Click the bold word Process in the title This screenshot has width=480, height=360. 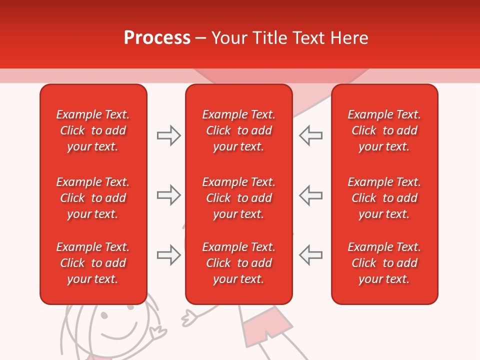[x=157, y=38]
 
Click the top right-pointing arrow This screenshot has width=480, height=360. [x=168, y=135]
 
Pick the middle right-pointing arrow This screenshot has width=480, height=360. [x=168, y=195]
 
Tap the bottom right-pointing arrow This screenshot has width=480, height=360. [x=168, y=255]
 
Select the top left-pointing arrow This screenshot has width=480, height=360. [x=310, y=135]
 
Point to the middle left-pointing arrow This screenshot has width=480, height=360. [x=310, y=195]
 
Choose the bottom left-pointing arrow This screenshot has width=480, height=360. [x=310, y=255]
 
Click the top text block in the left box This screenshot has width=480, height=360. [x=93, y=130]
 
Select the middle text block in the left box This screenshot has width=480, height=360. [x=93, y=198]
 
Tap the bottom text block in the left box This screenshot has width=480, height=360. [x=93, y=263]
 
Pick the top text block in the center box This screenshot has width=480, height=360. [x=238, y=130]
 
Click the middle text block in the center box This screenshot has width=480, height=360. [x=238, y=198]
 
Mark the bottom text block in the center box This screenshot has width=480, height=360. [x=238, y=263]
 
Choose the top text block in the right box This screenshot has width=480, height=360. [x=384, y=130]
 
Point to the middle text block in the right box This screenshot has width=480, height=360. [x=384, y=198]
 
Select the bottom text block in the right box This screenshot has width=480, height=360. [x=384, y=263]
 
